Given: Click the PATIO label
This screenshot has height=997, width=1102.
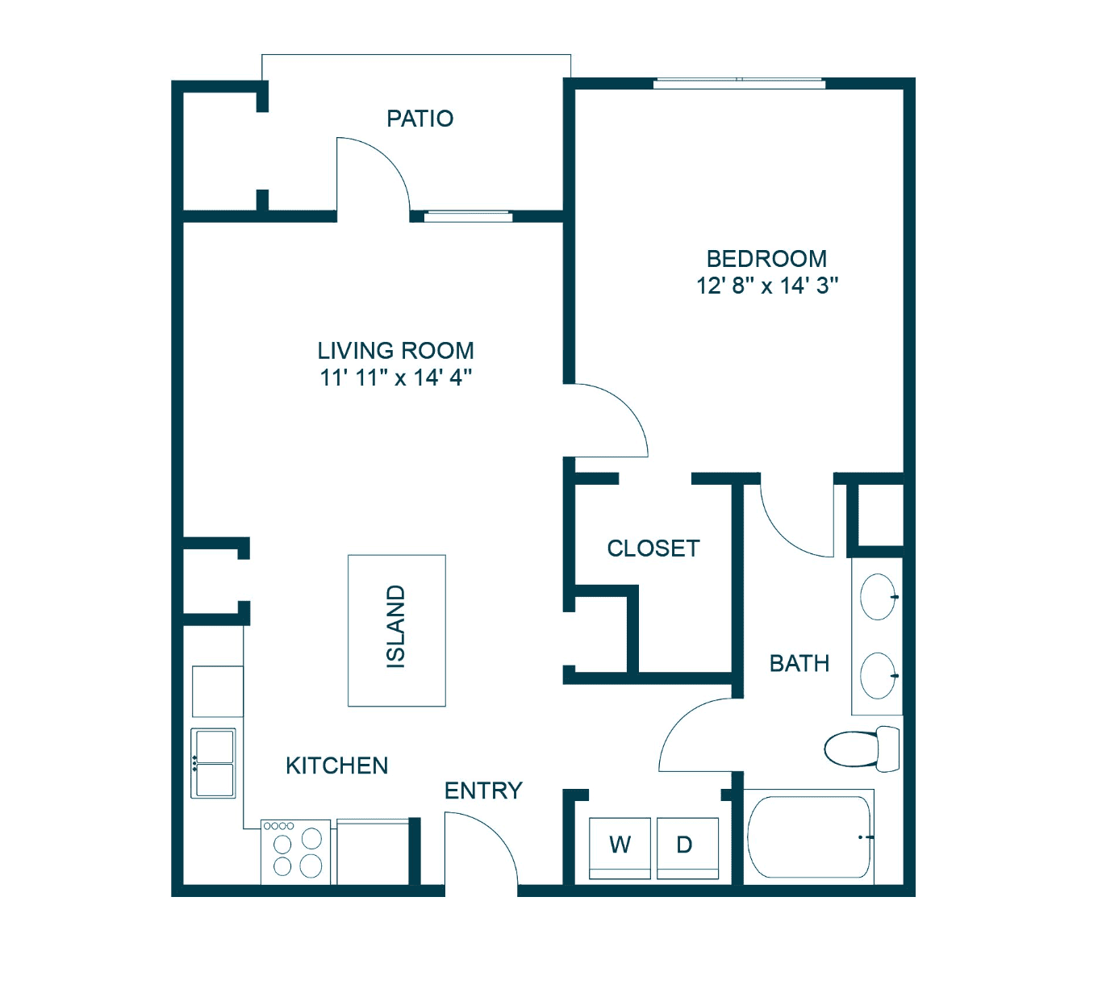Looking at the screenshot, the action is coord(420,119).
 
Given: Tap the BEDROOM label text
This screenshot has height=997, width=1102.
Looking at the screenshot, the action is coord(766,259).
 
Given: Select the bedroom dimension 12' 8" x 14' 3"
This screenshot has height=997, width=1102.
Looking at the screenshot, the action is coord(767,286).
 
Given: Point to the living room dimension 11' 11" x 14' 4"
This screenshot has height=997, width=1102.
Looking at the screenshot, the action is coord(395,378).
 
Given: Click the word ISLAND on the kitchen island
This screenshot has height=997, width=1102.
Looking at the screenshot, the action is coord(396,626).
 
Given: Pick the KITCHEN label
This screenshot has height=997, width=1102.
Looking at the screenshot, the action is coord(336,765).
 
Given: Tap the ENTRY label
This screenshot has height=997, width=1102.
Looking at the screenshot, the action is coord(483,791).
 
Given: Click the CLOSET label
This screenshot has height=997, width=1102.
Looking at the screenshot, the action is coord(653,549).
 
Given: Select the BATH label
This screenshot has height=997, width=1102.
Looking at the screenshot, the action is coord(799,664).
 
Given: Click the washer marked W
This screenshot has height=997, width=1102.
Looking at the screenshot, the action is coord(620,848).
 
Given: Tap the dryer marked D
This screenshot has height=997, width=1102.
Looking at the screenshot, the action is coord(688,848).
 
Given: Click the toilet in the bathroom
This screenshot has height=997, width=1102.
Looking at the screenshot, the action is coord(862,749).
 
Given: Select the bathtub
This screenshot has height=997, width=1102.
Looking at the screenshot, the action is coord(808,837).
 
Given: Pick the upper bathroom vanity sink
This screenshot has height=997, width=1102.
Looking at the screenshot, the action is coord(879,597).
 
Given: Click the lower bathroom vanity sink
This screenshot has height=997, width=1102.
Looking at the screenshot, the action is coord(879,675).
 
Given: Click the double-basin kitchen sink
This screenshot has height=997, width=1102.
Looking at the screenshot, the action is coord(213,763).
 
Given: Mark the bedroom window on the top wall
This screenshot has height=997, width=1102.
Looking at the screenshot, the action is coord(739,84).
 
